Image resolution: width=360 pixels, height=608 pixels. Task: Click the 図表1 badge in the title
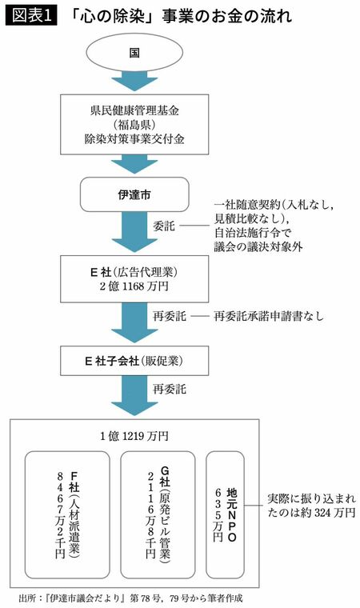[x=31, y=15]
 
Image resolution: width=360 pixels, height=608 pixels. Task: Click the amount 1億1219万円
[x=134, y=435]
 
